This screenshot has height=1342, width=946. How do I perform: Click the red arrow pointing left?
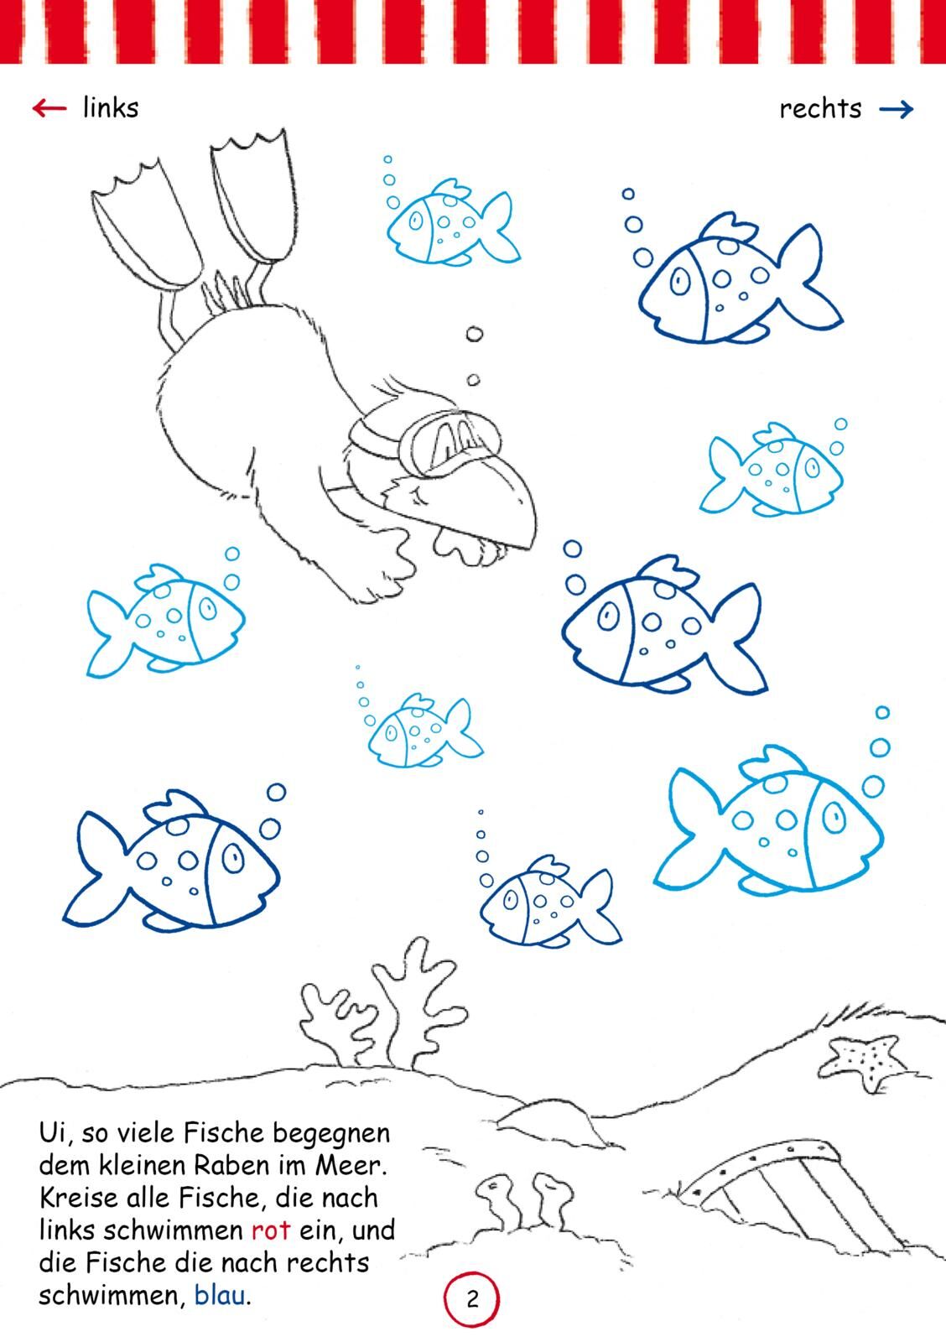click(x=49, y=108)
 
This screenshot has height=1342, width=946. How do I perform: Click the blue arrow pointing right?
click(x=897, y=109)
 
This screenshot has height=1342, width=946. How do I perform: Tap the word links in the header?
click(x=111, y=108)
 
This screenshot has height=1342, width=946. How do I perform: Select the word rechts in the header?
click(x=820, y=108)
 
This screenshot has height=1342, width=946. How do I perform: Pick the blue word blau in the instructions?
click(x=220, y=1295)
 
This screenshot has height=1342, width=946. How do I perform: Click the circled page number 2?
click(x=471, y=1299)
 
